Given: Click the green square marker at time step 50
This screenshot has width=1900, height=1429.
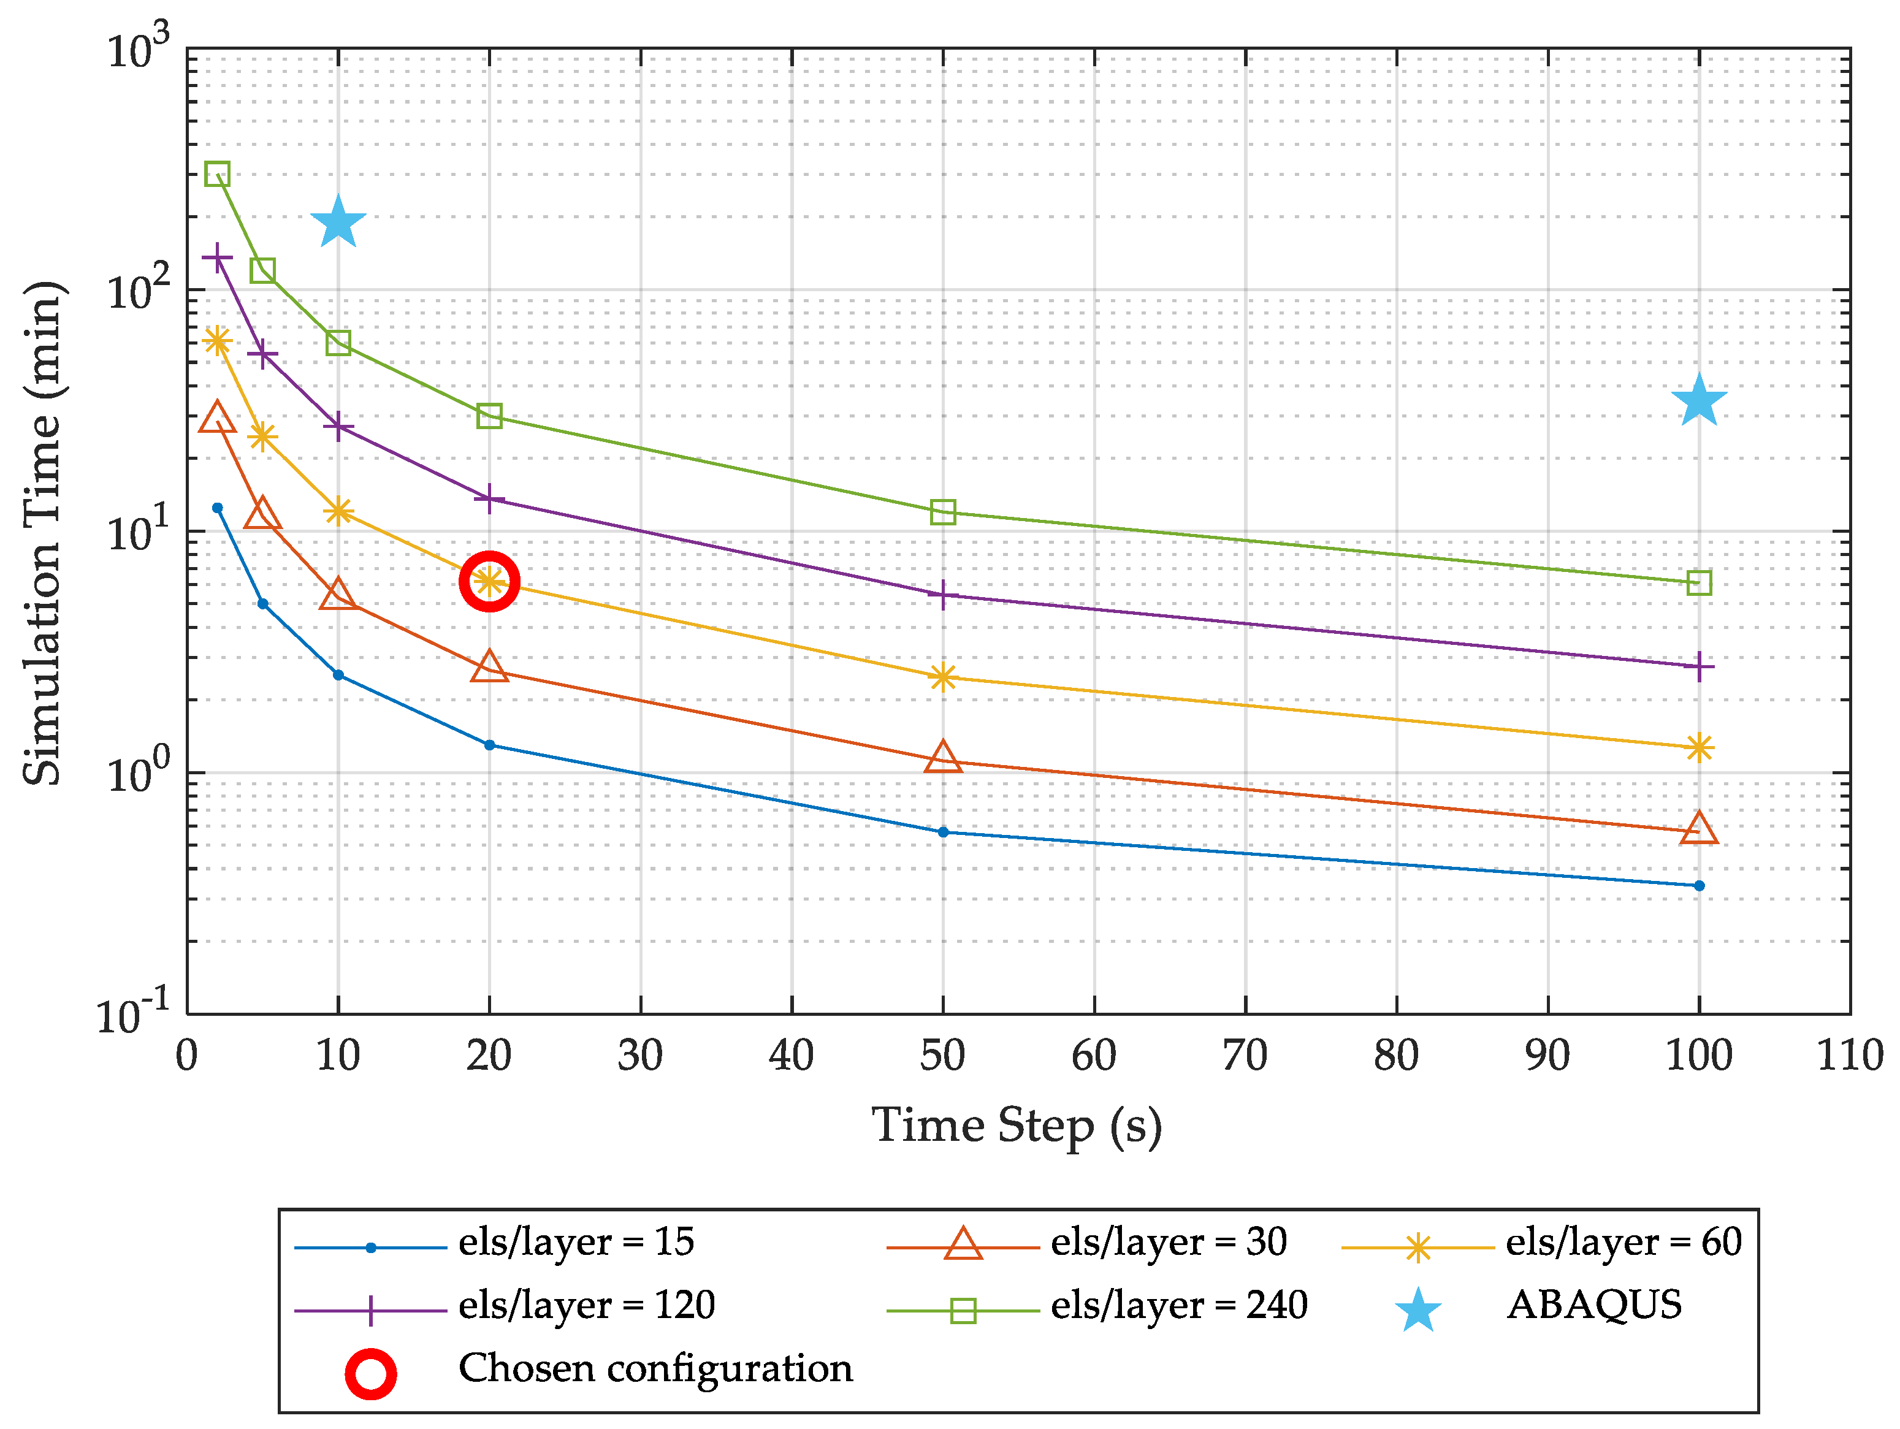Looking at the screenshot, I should coord(943,513).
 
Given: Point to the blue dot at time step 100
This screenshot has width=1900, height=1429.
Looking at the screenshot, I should coord(1699,885).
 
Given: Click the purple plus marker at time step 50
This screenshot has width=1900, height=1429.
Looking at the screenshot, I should coord(943,594).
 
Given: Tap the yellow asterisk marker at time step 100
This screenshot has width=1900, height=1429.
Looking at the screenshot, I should coord(1699,748).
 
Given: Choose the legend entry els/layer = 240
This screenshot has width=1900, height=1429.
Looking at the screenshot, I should coord(1178,1305).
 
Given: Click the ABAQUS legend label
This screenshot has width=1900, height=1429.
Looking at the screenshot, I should coord(1594,1305).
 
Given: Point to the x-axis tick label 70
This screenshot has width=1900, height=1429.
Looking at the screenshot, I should coord(1245,1056).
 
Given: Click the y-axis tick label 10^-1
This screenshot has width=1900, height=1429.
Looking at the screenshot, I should coord(133,1015).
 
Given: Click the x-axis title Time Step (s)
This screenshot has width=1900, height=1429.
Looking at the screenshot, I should coord(1017,1127).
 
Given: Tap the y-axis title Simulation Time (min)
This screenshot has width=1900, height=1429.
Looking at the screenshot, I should coord(43,533).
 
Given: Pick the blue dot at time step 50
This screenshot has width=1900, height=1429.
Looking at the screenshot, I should coord(943,832).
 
